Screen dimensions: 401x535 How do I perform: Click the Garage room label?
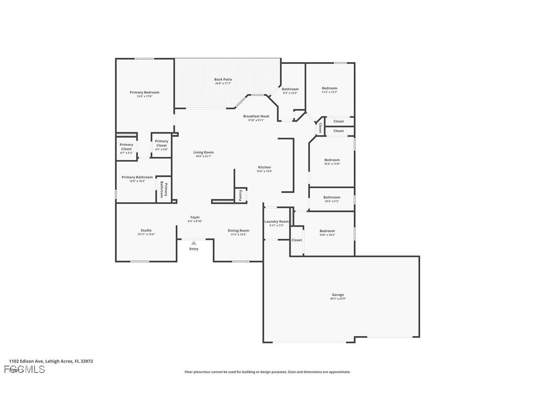point(337,295)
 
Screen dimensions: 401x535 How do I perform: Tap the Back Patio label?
point(223,79)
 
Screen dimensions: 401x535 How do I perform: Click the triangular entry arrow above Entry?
point(194,243)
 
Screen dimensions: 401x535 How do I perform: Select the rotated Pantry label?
point(240,195)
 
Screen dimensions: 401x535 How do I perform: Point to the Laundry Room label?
point(276,222)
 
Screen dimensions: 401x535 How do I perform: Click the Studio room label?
point(146,230)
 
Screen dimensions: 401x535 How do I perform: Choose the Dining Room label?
point(238,231)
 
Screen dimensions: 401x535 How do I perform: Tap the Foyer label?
point(195,217)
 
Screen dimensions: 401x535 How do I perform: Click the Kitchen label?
point(264,167)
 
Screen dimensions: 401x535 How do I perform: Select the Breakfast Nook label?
point(256,116)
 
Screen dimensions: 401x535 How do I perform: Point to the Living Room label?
point(203,152)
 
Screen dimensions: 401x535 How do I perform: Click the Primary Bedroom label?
point(144,92)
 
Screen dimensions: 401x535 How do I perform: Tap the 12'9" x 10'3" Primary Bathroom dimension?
point(137,181)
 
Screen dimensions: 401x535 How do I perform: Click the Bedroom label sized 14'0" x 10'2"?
point(327,231)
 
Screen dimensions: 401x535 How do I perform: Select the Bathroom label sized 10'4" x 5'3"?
point(332,197)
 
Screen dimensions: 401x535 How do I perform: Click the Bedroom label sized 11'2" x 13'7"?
point(330,88)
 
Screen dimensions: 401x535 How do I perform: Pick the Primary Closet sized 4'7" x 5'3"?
point(126,147)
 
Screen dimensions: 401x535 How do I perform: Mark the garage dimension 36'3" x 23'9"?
point(337,299)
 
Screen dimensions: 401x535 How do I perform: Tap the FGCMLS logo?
point(24,369)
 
